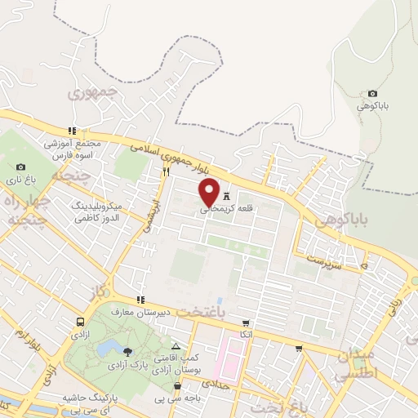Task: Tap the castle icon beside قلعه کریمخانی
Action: pyautogui.click(x=226, y=197)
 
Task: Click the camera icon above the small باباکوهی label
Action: pyautogui.click(x=373, y=94)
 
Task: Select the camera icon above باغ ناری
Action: pyautogui.click(x=20, y=167)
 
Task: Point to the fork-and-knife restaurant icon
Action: pyautogui.click(x=166, y=172)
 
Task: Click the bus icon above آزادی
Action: pyautogui.click(x=80, y=322)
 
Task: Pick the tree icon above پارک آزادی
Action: pyautogui.click(x=128, y=351)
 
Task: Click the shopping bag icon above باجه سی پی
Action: pyautogui.click(x=177, y=385)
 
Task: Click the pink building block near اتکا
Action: pyautogui.click(x=230, y=360)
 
